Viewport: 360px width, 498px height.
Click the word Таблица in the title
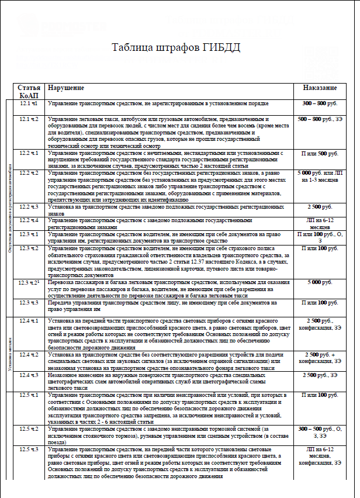(132, 48)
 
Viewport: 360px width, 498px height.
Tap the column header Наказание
(320, 88)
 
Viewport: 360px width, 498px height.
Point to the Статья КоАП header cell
(29, 91)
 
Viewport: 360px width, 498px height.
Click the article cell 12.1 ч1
(29, 103)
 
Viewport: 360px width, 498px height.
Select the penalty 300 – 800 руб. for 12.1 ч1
(320, 103)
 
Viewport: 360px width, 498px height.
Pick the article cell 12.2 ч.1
(29, 153)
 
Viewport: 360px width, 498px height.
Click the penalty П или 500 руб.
(320, 153)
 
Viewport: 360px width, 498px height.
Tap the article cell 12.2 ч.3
(29, 207)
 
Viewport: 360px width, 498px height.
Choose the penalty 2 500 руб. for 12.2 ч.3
(320, 207)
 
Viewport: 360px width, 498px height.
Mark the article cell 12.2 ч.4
(29, 220)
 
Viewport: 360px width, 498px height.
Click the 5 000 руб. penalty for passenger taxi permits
(320, 282)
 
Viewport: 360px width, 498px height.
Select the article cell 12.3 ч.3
(29, 303)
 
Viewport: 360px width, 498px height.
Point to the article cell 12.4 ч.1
(29, 321)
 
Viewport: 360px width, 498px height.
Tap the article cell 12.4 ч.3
(29, 375)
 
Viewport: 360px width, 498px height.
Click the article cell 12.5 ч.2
(29, 429)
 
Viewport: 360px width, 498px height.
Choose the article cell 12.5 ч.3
(29, 449)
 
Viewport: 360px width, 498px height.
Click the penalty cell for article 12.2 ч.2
(320, 177)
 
